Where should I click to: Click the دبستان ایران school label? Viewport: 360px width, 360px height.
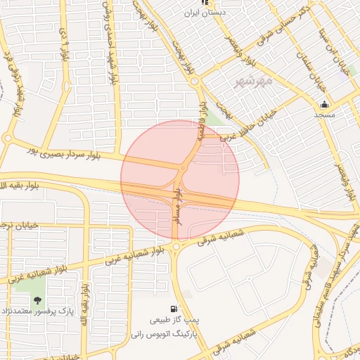204,13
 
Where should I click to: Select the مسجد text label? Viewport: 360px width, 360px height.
323,114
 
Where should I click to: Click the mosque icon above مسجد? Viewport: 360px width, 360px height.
323,104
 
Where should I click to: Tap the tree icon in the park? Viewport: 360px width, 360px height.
37,300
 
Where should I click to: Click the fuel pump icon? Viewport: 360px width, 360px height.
174,309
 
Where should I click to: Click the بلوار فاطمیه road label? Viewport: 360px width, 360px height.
201,124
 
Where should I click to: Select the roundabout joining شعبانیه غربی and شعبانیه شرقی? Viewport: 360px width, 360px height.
175,247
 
